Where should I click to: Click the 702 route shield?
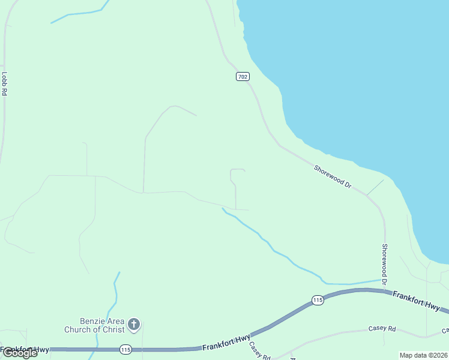242,77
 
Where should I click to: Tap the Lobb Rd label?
4,84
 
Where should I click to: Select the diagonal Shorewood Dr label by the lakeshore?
333,177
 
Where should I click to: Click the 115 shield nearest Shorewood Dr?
318,299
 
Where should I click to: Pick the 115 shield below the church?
125,349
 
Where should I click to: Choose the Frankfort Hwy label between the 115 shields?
226,343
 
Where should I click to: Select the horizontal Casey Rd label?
382,329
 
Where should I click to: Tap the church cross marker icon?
134,325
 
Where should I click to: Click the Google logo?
19,353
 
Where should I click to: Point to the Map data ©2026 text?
424,355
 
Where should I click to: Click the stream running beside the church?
114,294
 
